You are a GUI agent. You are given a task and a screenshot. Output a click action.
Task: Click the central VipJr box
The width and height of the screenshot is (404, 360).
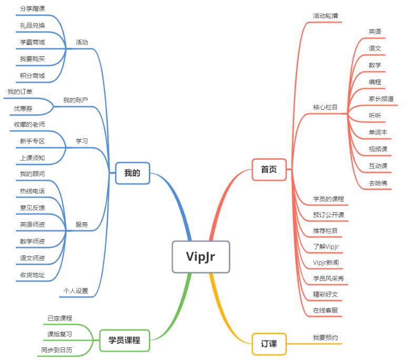201,257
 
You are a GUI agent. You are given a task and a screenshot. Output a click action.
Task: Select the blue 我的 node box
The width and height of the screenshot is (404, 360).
133,173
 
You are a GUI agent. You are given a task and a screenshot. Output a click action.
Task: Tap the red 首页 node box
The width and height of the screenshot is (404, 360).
269,170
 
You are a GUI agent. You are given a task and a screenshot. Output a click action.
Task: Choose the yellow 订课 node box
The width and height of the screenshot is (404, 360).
269,344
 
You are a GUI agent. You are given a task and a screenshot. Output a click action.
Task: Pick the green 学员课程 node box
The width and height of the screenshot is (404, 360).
125,341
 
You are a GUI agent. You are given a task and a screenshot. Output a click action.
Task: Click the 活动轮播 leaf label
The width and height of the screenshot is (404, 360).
326,16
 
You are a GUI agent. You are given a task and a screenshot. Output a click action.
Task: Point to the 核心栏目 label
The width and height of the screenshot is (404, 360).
325,107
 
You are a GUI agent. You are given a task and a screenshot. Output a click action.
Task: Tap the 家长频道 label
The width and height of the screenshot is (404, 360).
381,99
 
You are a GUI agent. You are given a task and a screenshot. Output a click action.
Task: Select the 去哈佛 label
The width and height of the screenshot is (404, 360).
378,183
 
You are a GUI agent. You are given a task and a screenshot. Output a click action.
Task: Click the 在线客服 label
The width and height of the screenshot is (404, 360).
326,310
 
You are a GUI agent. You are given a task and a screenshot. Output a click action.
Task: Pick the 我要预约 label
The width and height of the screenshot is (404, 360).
326,337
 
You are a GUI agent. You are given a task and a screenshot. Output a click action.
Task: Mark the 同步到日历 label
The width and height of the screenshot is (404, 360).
57,350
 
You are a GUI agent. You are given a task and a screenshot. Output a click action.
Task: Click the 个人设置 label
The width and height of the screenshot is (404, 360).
76,291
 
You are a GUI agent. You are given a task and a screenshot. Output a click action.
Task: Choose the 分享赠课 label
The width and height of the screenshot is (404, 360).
33,9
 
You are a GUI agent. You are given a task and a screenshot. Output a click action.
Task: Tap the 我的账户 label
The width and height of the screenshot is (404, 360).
76,100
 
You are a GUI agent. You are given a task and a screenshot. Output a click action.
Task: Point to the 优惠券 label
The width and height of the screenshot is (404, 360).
23,108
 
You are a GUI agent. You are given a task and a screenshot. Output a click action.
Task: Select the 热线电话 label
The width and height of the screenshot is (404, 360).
33,191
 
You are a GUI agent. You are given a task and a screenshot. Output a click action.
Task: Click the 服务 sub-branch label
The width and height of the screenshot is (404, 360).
82,224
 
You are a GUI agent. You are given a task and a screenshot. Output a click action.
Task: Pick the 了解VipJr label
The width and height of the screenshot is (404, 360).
326,246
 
